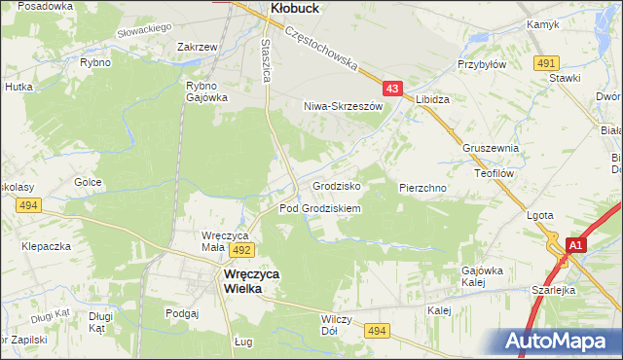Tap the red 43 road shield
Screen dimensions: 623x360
[392, 89]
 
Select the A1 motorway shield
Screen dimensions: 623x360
[576, 246]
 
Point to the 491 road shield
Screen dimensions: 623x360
[545, 62]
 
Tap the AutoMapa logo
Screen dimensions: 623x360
[558, 341]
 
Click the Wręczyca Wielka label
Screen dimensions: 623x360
[245, 281]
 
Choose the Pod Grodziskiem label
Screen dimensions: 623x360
[320, 208]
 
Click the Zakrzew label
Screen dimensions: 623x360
[197, 46]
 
